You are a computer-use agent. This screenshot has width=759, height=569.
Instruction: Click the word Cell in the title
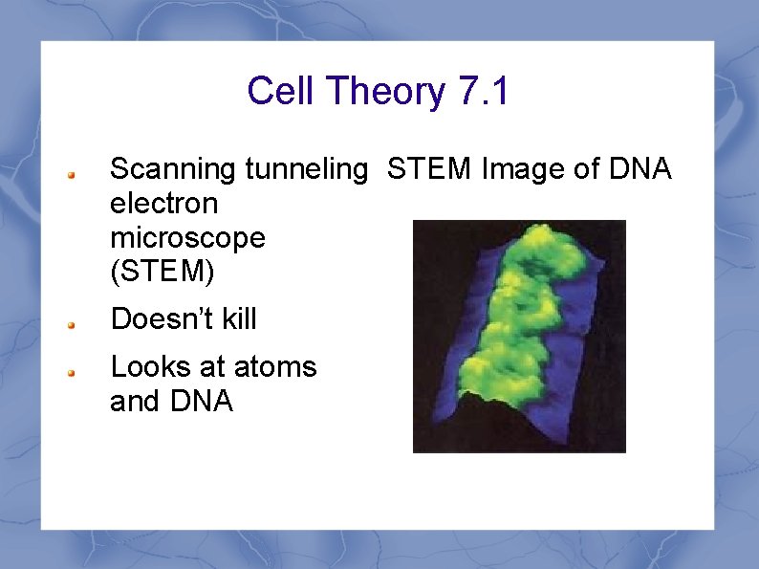[x=281, y=92]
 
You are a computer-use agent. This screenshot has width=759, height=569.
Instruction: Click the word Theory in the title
[x=385, y=92]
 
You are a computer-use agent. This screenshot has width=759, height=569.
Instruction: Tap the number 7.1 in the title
[x=484, y=92]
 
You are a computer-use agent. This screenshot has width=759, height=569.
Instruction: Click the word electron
[x=163, y=204]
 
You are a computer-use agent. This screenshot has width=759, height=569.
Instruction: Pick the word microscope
[x=187, y=237]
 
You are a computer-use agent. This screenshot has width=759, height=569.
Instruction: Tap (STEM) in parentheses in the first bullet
[x=163, y=272]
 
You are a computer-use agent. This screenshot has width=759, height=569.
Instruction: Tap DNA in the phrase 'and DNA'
[x=203, y=402]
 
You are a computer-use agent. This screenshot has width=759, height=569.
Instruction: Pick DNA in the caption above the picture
[x=639, y=170]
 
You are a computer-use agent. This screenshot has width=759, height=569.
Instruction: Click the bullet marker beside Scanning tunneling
[x=72, y=175]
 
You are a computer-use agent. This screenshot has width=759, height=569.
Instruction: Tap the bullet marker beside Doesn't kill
[x=72, y=323]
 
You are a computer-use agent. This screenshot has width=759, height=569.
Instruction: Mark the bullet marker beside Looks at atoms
[x=72, y=372]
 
